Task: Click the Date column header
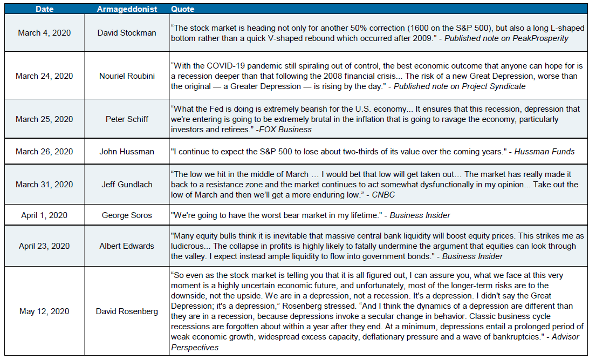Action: pyautogui.click(x=44, y=9)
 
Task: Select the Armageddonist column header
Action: pyautogui.click(x=127, y=9)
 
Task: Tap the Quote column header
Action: pyautogui.click(x=183, y=9)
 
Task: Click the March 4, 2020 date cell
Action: pyautogui.click(x=44, y=33)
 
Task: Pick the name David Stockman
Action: pyautogui.click(x=127, y=33)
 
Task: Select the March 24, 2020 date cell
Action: pyautogui.click(x=44, y=76)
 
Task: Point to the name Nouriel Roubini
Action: pyautogui.click(x=127, y=76)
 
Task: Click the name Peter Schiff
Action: pyautogui.click(x=127, y=119)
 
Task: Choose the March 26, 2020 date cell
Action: pyautogui.click(x=44, y=152)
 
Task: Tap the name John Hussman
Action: pyautogui.click(x=127, y=152)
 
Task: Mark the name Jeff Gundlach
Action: pyautogui.click(x=127, y=185)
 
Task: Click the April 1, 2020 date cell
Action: pyautogui.click(x=44, y=215)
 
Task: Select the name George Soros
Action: pyautogui.click(x=127, y=215)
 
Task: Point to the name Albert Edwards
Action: pyautogui.click(x=127, y=246)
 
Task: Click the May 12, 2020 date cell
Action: pyautogui.click(x=44, y=311)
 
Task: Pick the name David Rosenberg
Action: pyautogui.click(x=127, y=311)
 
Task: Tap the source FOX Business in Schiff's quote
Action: pyautogui.click(x=287, y=130)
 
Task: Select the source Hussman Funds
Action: pyautogui.click(x=545, y=152)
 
